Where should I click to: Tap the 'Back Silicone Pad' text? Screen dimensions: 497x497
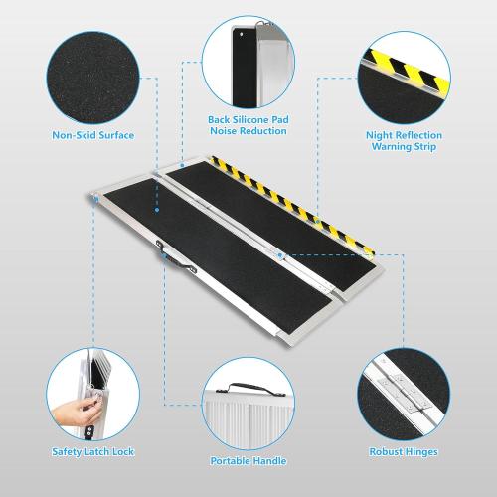(248, 119)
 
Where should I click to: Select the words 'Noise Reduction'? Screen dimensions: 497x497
(248, 131)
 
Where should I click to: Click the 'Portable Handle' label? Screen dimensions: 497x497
(248, 461)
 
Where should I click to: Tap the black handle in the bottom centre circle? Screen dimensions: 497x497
(248, 386)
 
